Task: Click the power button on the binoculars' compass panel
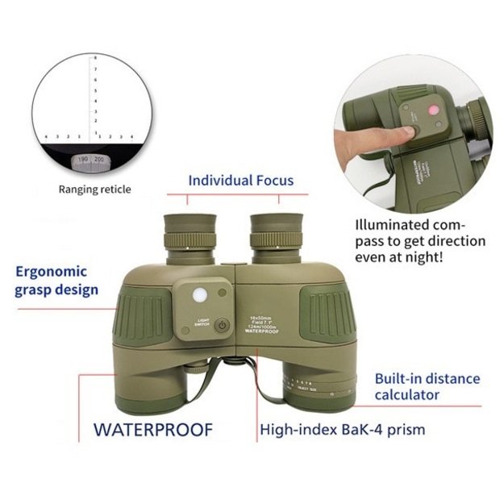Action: click(x=223, y=325)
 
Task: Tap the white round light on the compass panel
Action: click(x=198, y=296)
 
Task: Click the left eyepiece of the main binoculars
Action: click(x=189, y=230)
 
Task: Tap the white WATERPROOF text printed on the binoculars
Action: click(x=262, y=331)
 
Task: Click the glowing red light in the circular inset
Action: click(x=432, y=110)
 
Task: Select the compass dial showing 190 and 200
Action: click(x=90, y=161)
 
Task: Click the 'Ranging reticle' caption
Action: click(x=94, y=190)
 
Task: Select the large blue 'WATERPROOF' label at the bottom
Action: click(x=152, y=429)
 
